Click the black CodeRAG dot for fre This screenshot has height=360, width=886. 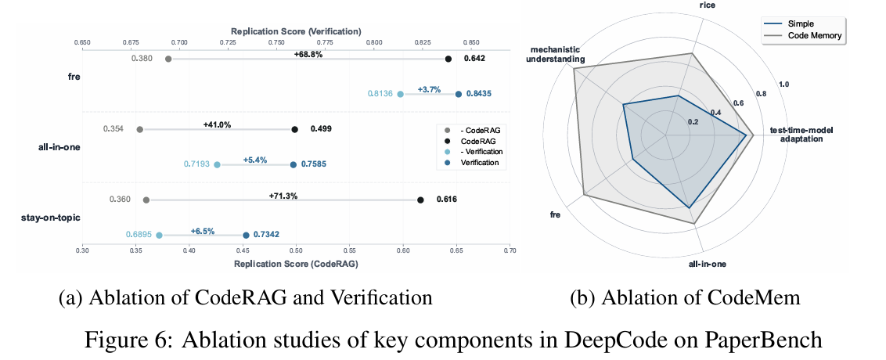[x=448, y=59]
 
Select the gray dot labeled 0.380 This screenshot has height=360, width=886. [x=168, y=59]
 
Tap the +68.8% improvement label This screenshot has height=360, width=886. [x=308, y=55]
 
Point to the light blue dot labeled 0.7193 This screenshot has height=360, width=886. [x=218, y=164]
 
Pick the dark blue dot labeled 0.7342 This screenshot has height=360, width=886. [x=246, y=235]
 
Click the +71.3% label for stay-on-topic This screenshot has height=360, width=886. [x=283, y=196]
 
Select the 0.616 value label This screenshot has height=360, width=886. [x=446, y=200]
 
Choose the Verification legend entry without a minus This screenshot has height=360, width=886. [x=479, y=163]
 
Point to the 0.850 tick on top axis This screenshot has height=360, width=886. [x=471, y=41]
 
